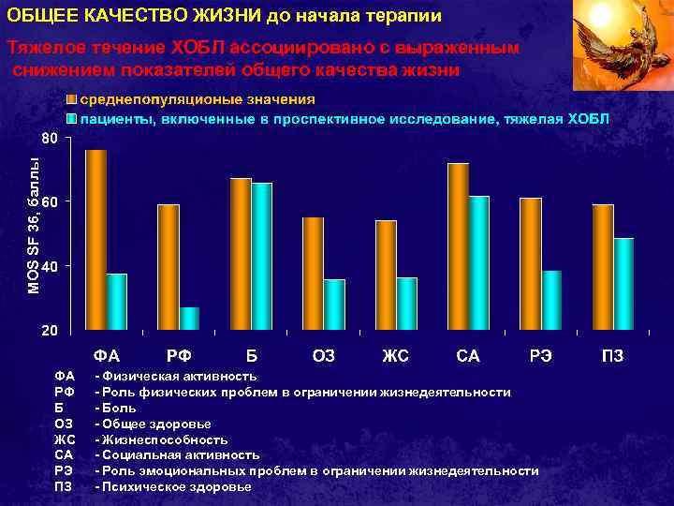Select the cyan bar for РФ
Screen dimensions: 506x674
point(189,319)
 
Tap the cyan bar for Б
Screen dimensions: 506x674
point(261,256)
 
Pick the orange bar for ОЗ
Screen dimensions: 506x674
point(313,274)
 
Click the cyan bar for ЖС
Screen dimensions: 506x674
point(406,304)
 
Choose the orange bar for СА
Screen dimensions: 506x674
point(458,246)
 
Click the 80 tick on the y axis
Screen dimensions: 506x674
point(51,138)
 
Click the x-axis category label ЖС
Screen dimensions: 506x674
point(395,356)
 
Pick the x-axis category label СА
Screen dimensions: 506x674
point(468,356)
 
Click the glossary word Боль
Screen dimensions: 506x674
point(120,408)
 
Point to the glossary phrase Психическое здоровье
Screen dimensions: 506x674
point(177,487)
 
